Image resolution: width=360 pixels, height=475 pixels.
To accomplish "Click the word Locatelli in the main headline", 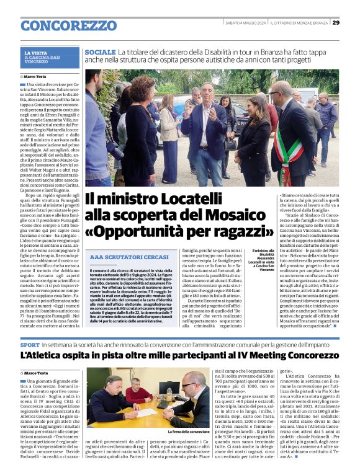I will click(x=190, y=199).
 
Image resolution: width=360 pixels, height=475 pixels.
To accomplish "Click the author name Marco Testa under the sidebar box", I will click(x=39, y=76).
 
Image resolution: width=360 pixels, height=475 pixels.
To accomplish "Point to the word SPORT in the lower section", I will click(x=30, y=344).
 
